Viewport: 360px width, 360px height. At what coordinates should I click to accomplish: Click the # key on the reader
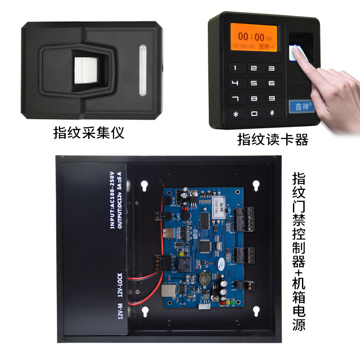click(x=271, y=113)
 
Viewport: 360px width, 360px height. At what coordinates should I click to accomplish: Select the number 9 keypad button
click(x=271, y=98)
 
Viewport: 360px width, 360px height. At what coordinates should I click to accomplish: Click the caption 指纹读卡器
click(x=273, y=140)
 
